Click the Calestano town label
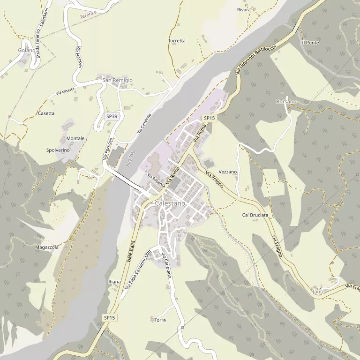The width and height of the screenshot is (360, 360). pyautogui.click(x=170, y=204)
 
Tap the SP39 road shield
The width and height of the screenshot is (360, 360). pyautogui.click(x=112, y=116)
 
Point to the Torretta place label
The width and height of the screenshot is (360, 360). pyautogui.click(x=177, y=41)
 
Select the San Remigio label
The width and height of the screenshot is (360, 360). pyautogui.click(x=118, y=81)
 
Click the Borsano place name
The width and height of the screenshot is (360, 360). pyautogui.click(x=286, y=102)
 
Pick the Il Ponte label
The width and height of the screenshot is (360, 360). pyautogui.click(x=310, y=43)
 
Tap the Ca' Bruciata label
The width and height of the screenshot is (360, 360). pyautogui.click(x=255, y=215)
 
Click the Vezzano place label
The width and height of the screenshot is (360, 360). pyautogui.click(x=228, y=172)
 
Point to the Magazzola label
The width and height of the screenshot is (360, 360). pyautogui.click(x=47, y=247)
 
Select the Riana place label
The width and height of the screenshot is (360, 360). pyautogui.click(x=114, y=282)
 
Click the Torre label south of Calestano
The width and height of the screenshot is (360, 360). pyautogui.click(x=160, y=320)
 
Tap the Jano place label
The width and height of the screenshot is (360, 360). pyautogui.click(x=318, y=292)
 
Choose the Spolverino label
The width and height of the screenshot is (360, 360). pyautogui.click(x=58, y=150)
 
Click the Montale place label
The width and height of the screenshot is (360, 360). pyautogui.click(x=75, y=138)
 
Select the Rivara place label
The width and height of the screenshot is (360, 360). pyautogui.click(x=244, y=9)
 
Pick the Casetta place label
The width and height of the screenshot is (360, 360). pyautogui.click(x=46, y=113)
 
